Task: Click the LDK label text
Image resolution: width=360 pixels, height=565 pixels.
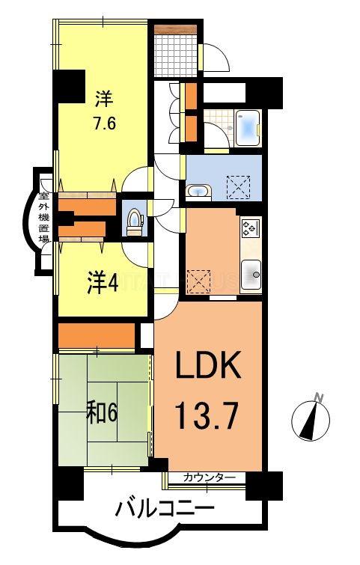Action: tap(207, 367)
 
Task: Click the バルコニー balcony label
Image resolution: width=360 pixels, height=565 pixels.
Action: tap(165, 510)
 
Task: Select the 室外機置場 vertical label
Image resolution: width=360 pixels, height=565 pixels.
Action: tap(45, 213)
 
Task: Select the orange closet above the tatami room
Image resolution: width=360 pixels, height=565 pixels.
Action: tap(97, 335)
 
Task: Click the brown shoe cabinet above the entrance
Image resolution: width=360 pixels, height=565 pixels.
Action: tap(176, 29)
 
